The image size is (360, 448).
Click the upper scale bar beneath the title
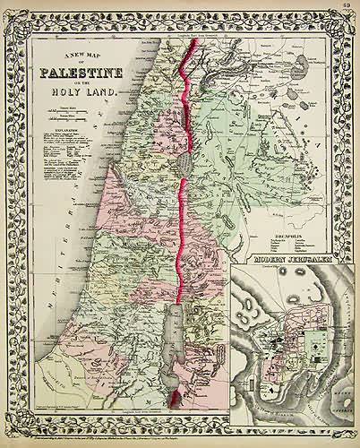click(64, 109)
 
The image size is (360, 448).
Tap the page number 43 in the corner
click(344, 9)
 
